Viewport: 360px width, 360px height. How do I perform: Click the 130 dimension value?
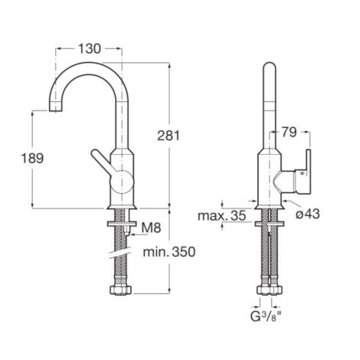pos(90,48)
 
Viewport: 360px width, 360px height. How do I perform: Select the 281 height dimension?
pos(169,136)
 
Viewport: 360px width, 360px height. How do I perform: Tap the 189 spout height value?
pos(32,158)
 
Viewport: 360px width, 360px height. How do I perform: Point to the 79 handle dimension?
pos(289,132)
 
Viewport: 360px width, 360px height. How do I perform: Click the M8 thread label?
pos(151,227)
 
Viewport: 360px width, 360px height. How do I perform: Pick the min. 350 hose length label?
pos(169,252)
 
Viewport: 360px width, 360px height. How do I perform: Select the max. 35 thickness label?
pos(222,216)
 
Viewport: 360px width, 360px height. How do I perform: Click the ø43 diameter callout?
pos(308,214)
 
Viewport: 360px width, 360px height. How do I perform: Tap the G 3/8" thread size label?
pos(266,317)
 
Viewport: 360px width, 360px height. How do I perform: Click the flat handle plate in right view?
pos(309,171)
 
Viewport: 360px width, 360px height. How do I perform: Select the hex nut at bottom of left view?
pos(120,290)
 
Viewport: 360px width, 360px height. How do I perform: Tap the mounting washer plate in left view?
pos(121,224)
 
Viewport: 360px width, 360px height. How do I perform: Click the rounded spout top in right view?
pos(270,67)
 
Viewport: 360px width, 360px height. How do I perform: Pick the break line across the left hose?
pos(120,253)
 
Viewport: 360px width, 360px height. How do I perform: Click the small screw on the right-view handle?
pos(303,173)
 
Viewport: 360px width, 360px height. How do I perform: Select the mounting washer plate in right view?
pos(270,224)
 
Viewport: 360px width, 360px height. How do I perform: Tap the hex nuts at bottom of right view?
pos(270,290)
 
